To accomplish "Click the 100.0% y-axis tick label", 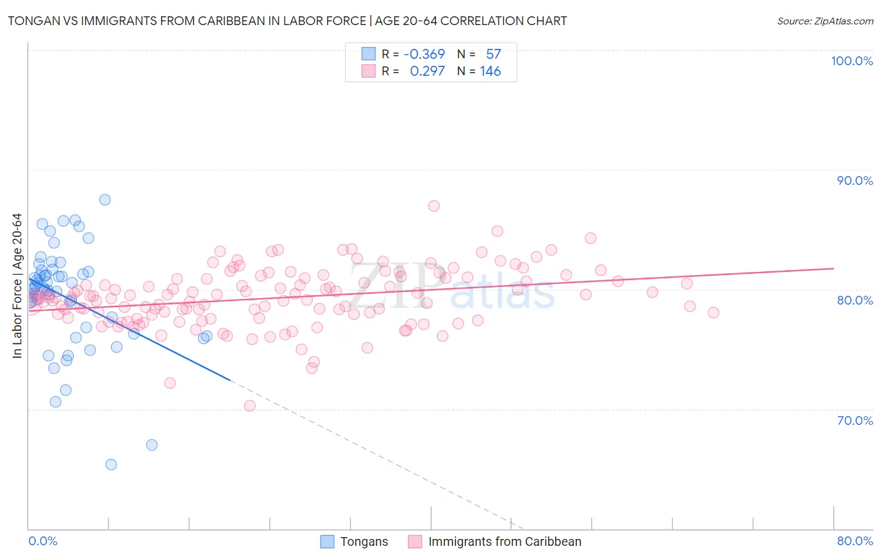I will tap(852, 61).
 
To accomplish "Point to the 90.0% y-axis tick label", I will tap(855, 180).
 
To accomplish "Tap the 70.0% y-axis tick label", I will tap(855, 421).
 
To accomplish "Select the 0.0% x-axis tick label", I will tap(43, 541).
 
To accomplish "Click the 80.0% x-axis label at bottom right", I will tap(855, 541).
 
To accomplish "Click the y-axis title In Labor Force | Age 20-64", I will tap(17, 286).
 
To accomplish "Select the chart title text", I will tap(288, 21).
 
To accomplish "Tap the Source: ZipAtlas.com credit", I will tap(825, 21).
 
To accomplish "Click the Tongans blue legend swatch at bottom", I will tap(327, 541).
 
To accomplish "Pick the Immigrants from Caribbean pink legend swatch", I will tap(415, 541).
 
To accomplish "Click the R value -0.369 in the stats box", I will tap(424, 55).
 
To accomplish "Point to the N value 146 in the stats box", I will tap(490, 71).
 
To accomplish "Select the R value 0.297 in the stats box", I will tap(427, 71).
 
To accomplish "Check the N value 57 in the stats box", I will tap(493, 55).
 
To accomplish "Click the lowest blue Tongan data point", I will tap(111, 464).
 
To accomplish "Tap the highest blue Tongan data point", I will tap(105, 200).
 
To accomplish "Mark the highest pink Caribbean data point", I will tap(434, 206).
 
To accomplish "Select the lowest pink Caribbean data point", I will tap(249, 405).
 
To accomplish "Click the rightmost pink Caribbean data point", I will tap(713, 313).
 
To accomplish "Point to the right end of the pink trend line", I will tap(834, 268).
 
